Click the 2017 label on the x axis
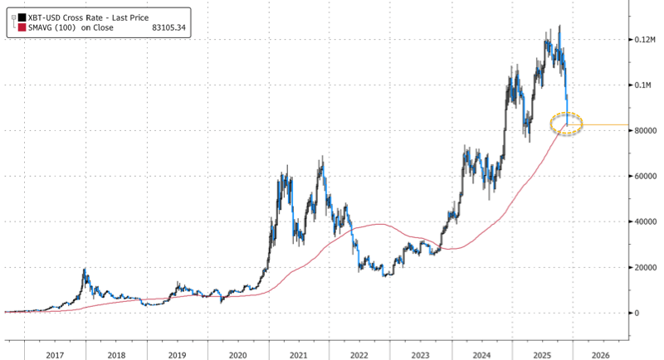(55, 354)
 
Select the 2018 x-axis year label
(116, 354)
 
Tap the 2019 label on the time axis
(177, 354)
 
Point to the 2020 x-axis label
(237, 354)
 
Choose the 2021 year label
(299, 354)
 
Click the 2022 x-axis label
(359, 354)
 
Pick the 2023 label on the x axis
(420, 354)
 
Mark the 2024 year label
(481, 354)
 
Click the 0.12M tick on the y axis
(645, 40)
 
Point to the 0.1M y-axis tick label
(643, 85)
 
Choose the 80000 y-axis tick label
(645, 131)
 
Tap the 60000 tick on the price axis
(645, 177)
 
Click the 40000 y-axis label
(645, 222)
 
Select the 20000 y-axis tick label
(645, 268)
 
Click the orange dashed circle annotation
(567, 124)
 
